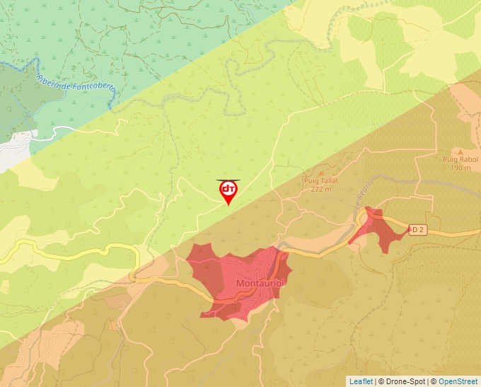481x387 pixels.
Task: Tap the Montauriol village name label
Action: [x=260, y=284]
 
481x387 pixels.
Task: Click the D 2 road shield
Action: [x=419, y=229]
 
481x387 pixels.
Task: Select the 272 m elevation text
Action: [x=321, y=190]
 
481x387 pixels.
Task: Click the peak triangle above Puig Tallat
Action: [x=322, y=173]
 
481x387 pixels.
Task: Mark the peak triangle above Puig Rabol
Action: [x=460, y=151]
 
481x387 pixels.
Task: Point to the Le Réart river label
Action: [x=361, y=202]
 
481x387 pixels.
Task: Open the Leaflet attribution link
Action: [x=360, y=381]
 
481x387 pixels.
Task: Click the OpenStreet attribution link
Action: [x=458, y=381]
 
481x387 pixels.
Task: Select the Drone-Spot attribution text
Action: [x=404, y=381]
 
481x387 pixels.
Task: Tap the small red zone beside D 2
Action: [x=378, y=230]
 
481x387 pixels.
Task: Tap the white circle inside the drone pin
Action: [x=228, y=189]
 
